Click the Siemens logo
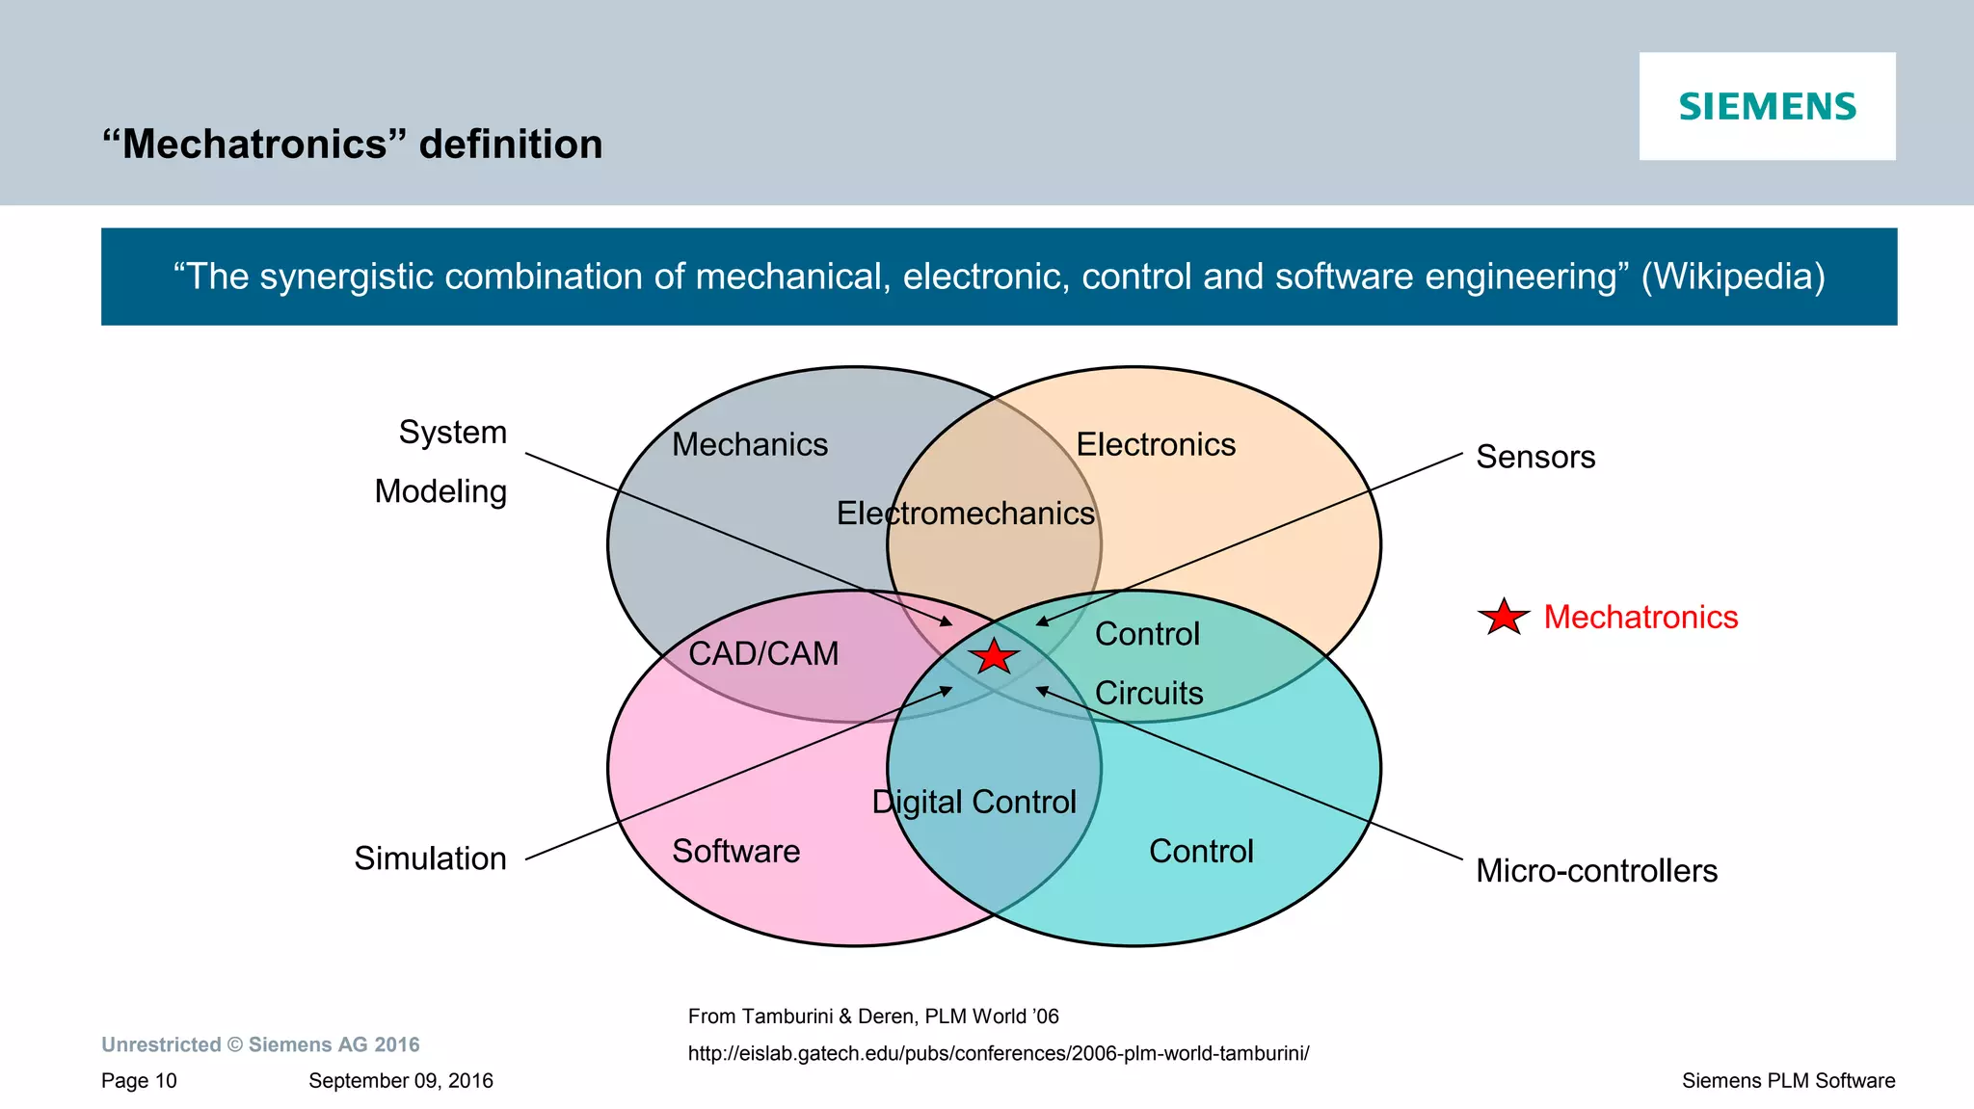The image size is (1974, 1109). pos(1767,106)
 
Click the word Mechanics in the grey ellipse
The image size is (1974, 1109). pos(750,444)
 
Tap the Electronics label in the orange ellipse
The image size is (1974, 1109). pos(1156,444)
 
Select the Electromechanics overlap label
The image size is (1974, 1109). pos(965,513)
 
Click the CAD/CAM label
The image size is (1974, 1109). pos(763,653)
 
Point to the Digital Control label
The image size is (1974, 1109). pos(974,802)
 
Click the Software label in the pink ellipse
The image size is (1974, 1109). pos(735,851)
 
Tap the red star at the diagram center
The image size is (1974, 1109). pos(993,656)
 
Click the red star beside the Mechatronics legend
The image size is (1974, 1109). pos(1503,617)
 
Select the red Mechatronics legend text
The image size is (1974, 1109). pos(1641,617)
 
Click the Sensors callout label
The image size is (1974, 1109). pos(1535,457)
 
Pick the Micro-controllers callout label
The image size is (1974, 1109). pos(1596,871)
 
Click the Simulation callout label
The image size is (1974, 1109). pos(430,858)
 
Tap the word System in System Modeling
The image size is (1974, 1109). pos(453,432)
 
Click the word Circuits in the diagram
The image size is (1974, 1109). pos(1149,693)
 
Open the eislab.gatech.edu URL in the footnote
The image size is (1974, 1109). pos(998,1053)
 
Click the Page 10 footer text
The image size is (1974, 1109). pos(139,1081)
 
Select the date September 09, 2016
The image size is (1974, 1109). pos(400,1081)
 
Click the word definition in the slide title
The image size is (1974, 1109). pos(511,145)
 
